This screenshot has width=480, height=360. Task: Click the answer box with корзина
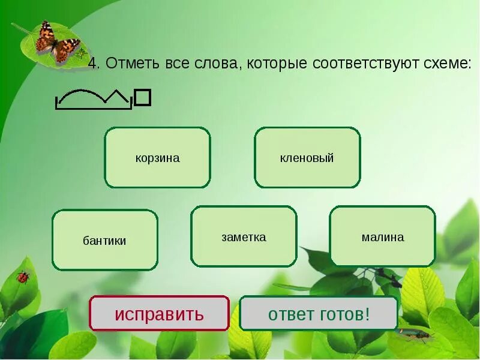[x=157, y=158]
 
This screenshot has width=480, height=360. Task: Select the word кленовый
[x=307, y=158]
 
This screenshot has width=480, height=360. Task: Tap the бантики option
[x=104, y=240]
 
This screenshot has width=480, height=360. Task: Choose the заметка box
[x=244, y=236]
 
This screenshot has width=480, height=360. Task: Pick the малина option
[x=383, y=236]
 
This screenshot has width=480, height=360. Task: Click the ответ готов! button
[x=319, y=313]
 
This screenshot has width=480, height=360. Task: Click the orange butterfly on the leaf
[x=57, y=41]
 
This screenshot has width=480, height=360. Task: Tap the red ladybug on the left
[x=23, y=277]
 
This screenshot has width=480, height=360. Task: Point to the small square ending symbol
[x=142, y=97]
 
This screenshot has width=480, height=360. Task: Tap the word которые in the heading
[x=277, y=64]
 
